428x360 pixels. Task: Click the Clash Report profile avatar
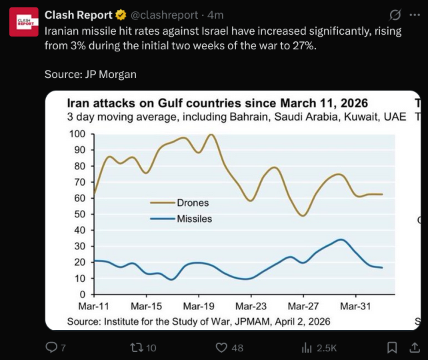23,22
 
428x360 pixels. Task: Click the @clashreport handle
166,15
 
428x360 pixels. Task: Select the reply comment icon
51,347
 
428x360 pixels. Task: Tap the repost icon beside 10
135,347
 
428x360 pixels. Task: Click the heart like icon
222,347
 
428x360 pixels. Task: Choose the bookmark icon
393,347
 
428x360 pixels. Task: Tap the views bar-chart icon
307,347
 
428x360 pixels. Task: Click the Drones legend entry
192,203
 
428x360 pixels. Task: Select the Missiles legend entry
194,219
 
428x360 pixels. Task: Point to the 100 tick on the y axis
77,134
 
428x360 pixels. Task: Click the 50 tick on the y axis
80,214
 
